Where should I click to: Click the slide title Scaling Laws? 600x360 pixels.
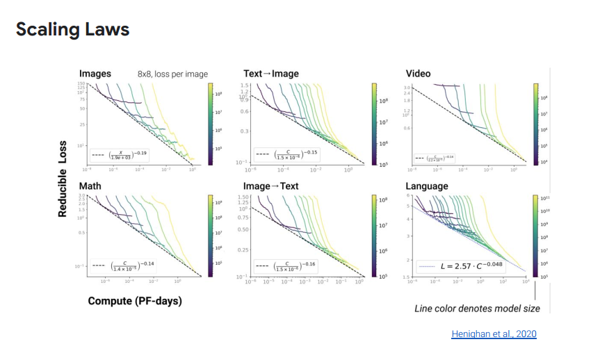[x=72, y=30]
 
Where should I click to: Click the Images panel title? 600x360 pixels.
[x=95, y=74]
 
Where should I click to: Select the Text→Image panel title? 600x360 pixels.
[x=272, y=74]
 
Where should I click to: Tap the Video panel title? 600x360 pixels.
[x=419, y=74]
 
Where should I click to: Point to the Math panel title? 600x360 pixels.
[x=90, y=186]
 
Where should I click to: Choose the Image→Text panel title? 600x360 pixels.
[x=272, y=186]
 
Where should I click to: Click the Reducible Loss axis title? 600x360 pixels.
[x=63, y=179]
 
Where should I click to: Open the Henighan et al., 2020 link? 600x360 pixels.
[x=494, y=334]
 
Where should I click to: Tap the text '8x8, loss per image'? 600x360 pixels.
[x=172, y=74]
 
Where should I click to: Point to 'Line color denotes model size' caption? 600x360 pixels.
[x=477, y=308]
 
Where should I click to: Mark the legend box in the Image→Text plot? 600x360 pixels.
[x=287, y=265]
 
